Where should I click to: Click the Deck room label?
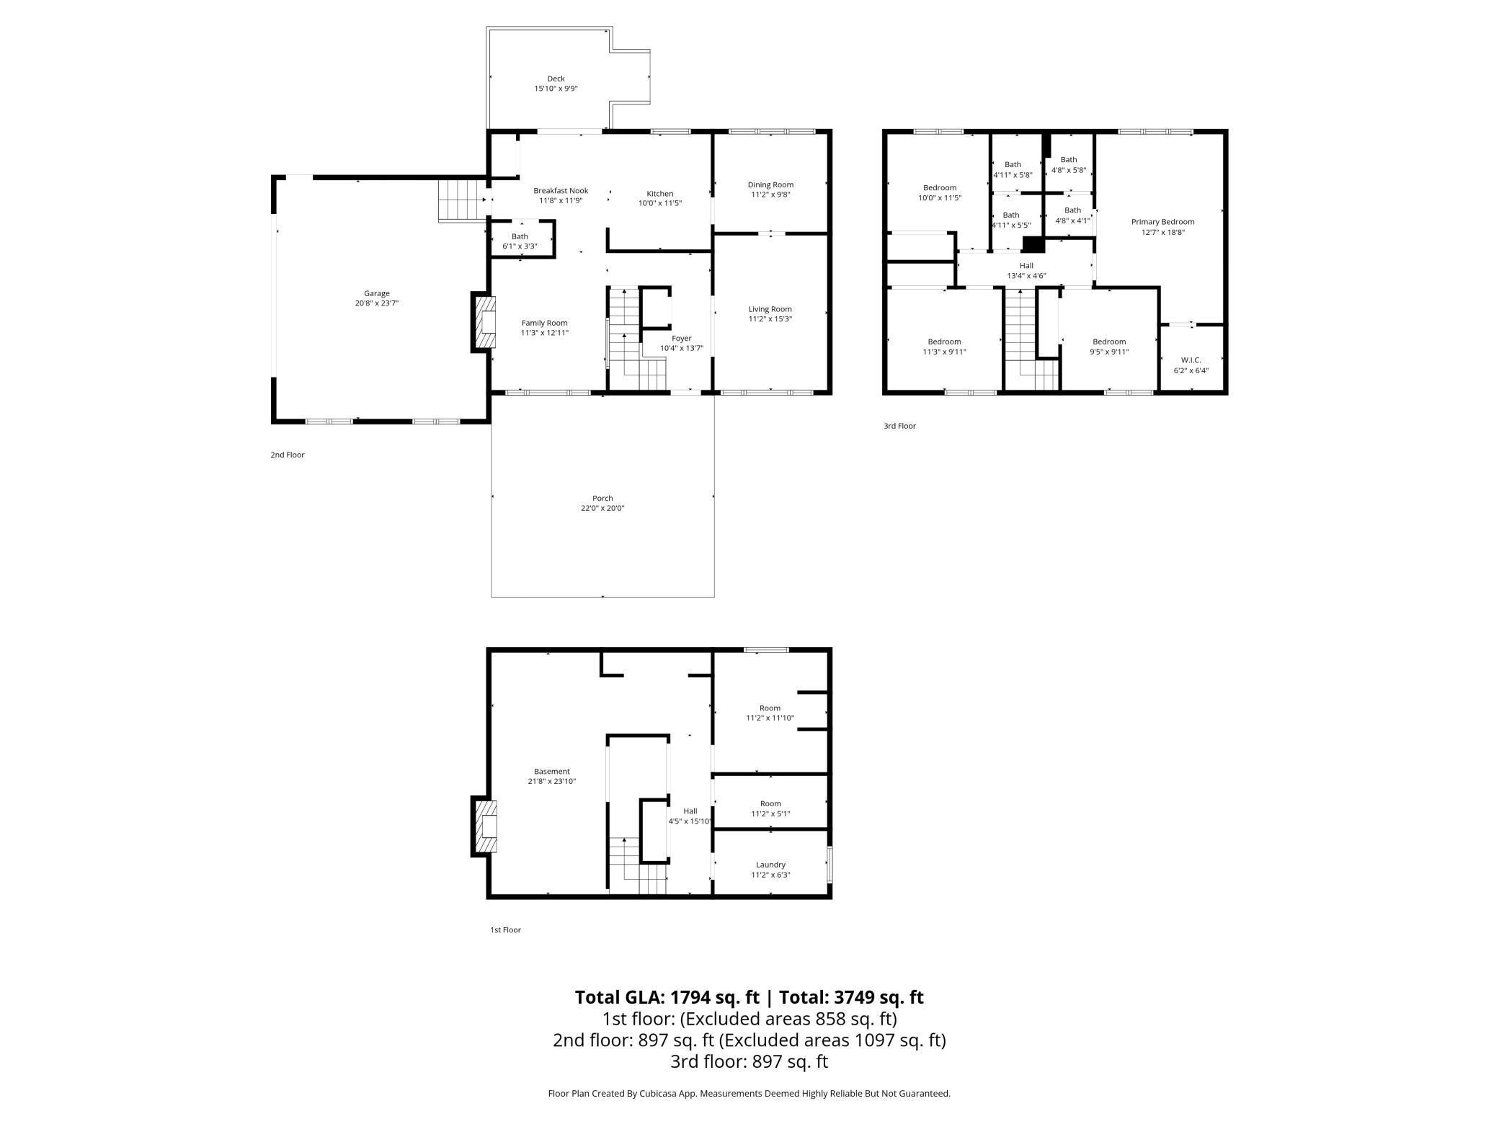(556, 79)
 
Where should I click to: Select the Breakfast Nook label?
(561, 191)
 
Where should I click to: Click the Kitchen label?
(659, 193)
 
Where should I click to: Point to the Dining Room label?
(770, 184)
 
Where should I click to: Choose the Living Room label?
(770, 309)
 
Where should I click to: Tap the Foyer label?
(681, 338)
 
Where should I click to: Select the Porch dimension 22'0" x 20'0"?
(602, 508)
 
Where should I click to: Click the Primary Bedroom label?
(1162, 222)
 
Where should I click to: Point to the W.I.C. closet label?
(1191, 360)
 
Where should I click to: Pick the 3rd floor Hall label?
(1026, 266)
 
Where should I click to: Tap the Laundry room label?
(770, 865)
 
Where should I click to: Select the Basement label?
(551, 771)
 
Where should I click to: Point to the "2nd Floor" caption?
(288, 455)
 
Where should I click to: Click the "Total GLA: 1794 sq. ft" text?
(667, 997)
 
